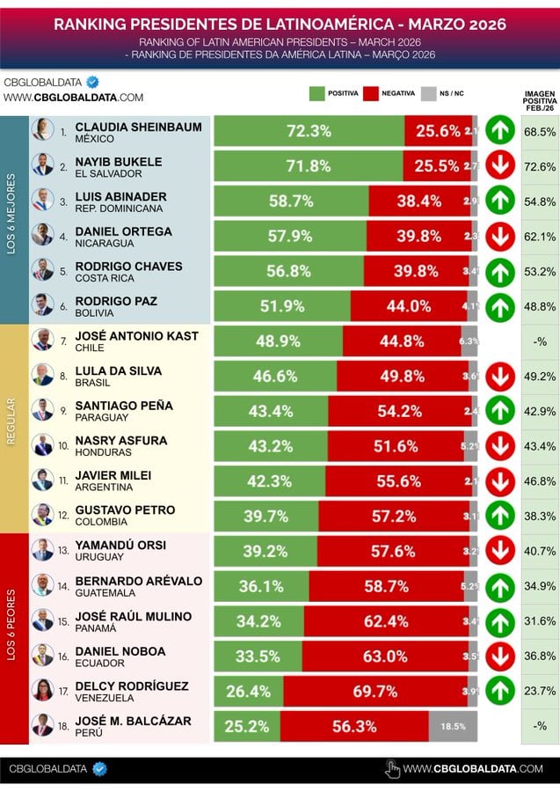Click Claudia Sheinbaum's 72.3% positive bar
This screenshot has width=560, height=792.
(309, 131)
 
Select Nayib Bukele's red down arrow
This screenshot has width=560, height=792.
(499, 165)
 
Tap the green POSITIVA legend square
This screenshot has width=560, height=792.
(317, 93)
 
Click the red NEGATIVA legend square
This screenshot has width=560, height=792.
(370, 93)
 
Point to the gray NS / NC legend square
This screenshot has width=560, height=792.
(429, 93)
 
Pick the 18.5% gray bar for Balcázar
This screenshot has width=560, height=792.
(454, 727)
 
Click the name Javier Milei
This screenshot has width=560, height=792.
(113, 475)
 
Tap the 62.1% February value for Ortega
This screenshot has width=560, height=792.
(539, 236)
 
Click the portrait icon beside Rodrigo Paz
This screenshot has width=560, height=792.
(42, 304)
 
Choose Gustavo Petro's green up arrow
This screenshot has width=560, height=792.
(499, 515)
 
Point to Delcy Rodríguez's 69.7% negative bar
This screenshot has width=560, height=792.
(375, 692)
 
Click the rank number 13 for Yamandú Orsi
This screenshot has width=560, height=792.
(63, 550)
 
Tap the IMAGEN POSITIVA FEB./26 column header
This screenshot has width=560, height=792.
(539, 100)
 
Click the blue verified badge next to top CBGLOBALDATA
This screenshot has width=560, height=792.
(92, 82)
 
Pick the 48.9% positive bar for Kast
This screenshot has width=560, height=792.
(278, 341)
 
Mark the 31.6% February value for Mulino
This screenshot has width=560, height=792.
(539, 621)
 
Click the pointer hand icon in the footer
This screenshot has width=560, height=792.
(393, 769)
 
